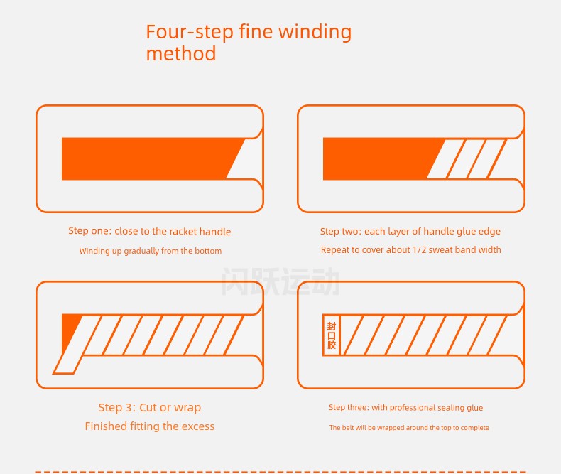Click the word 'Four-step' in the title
click(x=190, y=32)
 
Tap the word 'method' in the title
click(x=181, y=54)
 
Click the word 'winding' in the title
click(x=315, y=33)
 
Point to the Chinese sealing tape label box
click(x=332, y=335)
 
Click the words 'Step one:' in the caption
click(x=89, y=231)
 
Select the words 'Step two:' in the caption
click(x=341, y=232)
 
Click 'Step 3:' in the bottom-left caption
click(x=117, y=408)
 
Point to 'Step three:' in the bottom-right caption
click(x=349, y=408)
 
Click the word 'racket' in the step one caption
click(x=183, y=231)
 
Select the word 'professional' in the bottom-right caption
click(x=413, y=408)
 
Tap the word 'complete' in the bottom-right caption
click(x=475, y=428)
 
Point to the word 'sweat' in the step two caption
click(x=440, y=249)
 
